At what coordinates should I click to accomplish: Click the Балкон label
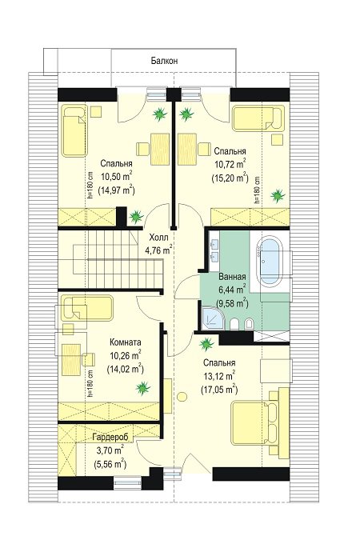point(164,61)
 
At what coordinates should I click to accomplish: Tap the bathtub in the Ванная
point(270,261)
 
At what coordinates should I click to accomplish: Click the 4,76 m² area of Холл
point(159,250)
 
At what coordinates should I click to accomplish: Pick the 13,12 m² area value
point(219,376)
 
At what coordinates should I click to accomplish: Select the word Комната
point(125,342)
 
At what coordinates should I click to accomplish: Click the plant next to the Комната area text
point(142,387)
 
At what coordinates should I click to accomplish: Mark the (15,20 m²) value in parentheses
point(230,177)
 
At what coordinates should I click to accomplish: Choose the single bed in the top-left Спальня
point(74,130)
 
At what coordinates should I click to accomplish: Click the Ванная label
point(232,277)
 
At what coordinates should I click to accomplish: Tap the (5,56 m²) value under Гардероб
point(110,464)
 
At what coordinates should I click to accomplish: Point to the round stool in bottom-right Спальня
point(182,397)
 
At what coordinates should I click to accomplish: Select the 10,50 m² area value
point(117,177)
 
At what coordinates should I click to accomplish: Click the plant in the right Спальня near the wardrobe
point(278,195)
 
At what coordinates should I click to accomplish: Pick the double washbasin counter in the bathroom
point(214,250)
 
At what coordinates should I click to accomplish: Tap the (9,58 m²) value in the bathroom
point(232,303)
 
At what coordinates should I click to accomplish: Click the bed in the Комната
point(86,308)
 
